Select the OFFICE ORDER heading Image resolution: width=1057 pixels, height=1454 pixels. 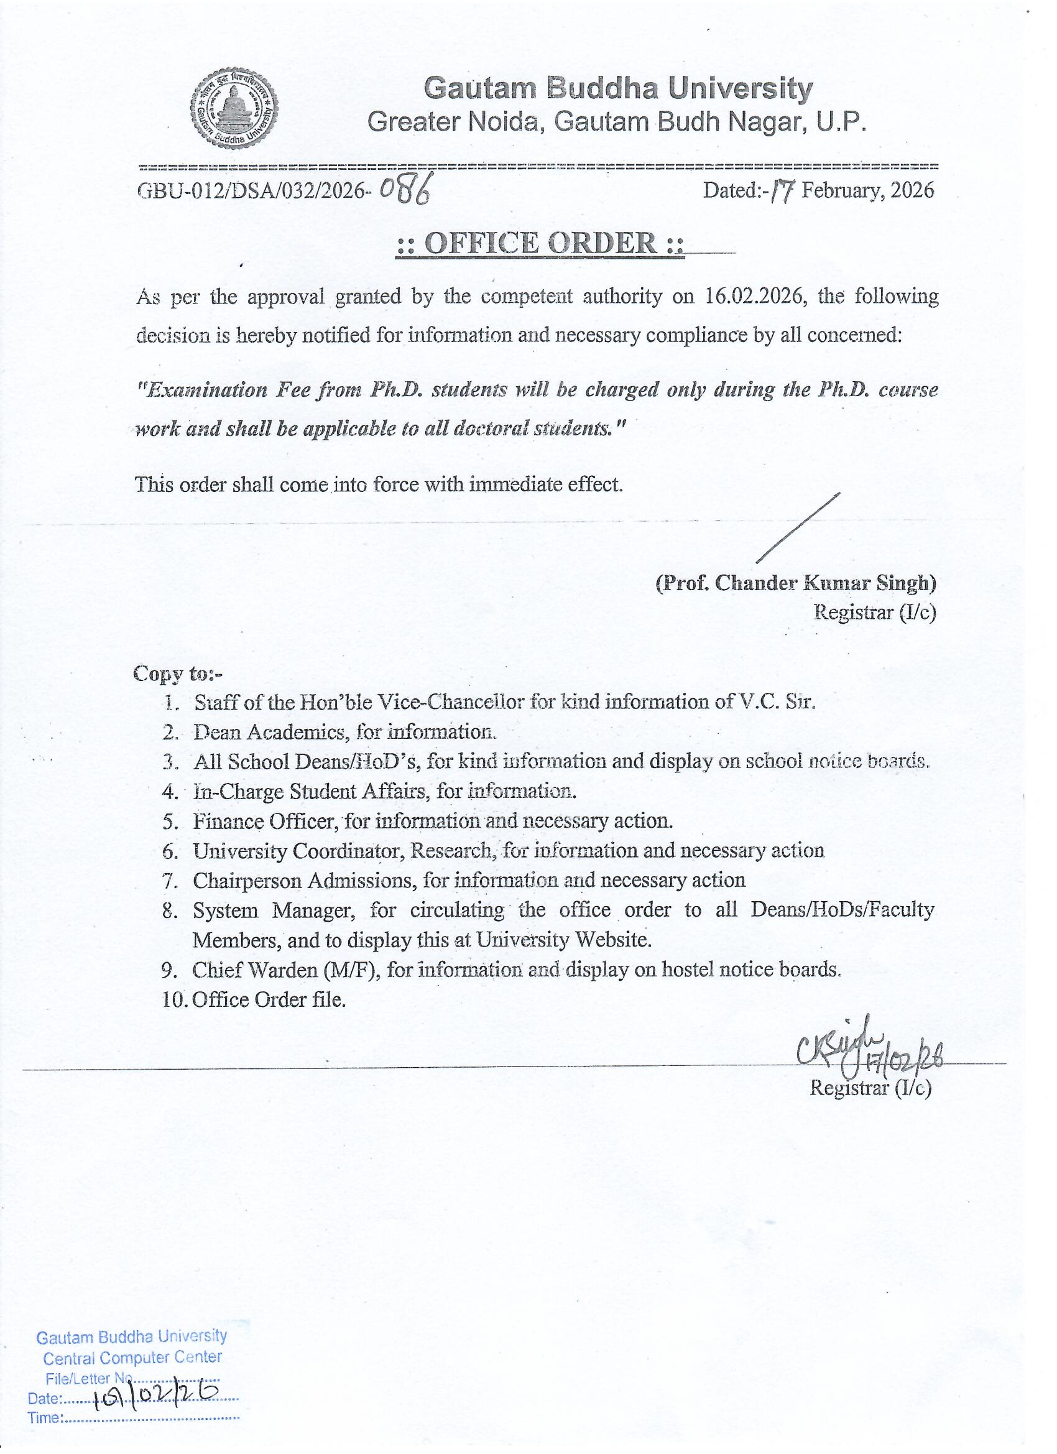click(x=540, y=244)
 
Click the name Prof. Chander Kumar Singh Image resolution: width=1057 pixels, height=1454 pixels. click(x=795, y=583)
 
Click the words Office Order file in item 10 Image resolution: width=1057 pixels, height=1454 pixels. click(x=268, y=999)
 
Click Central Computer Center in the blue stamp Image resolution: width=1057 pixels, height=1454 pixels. click(x=132, y=1357)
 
